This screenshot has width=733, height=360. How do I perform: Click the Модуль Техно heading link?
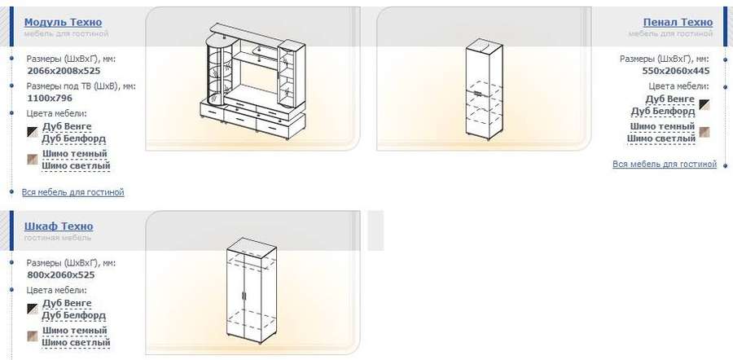[x=63, y=22]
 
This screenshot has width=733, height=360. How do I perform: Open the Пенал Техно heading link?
[x=678, y=22]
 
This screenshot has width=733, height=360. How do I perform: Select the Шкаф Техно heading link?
[x=59, y=226]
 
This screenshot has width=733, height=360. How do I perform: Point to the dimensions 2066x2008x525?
[x=64, y=71]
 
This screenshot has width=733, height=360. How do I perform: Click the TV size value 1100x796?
[x=50, y=99]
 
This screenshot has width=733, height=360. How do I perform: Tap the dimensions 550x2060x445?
[x=676, y=71]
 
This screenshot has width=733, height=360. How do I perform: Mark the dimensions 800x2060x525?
[x=61, y=275]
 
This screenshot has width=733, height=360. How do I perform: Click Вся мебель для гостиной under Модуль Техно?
[x=73, y=192]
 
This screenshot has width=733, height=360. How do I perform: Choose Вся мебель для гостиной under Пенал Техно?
[x=665, y=164]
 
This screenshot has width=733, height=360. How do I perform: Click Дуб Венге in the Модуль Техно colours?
[x=67, y=126]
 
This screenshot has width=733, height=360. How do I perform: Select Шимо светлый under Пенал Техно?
[x=661, y=138]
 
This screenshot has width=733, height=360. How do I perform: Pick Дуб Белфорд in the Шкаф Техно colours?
[x=74, y=315]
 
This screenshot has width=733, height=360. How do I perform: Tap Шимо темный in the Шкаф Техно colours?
[x=75, y=331]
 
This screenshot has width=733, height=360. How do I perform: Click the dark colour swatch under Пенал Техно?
[x=704, y=105]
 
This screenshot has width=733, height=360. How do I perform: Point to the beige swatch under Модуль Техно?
[x=33, y=160]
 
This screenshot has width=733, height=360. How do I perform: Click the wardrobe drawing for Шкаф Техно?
[x=252, y=290]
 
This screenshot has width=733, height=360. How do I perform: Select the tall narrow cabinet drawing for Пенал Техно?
[x=484, y=90]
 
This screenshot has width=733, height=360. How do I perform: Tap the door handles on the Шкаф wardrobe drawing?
[x=244, y=296]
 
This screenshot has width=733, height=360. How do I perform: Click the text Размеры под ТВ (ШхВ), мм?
[x=81, y=86]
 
